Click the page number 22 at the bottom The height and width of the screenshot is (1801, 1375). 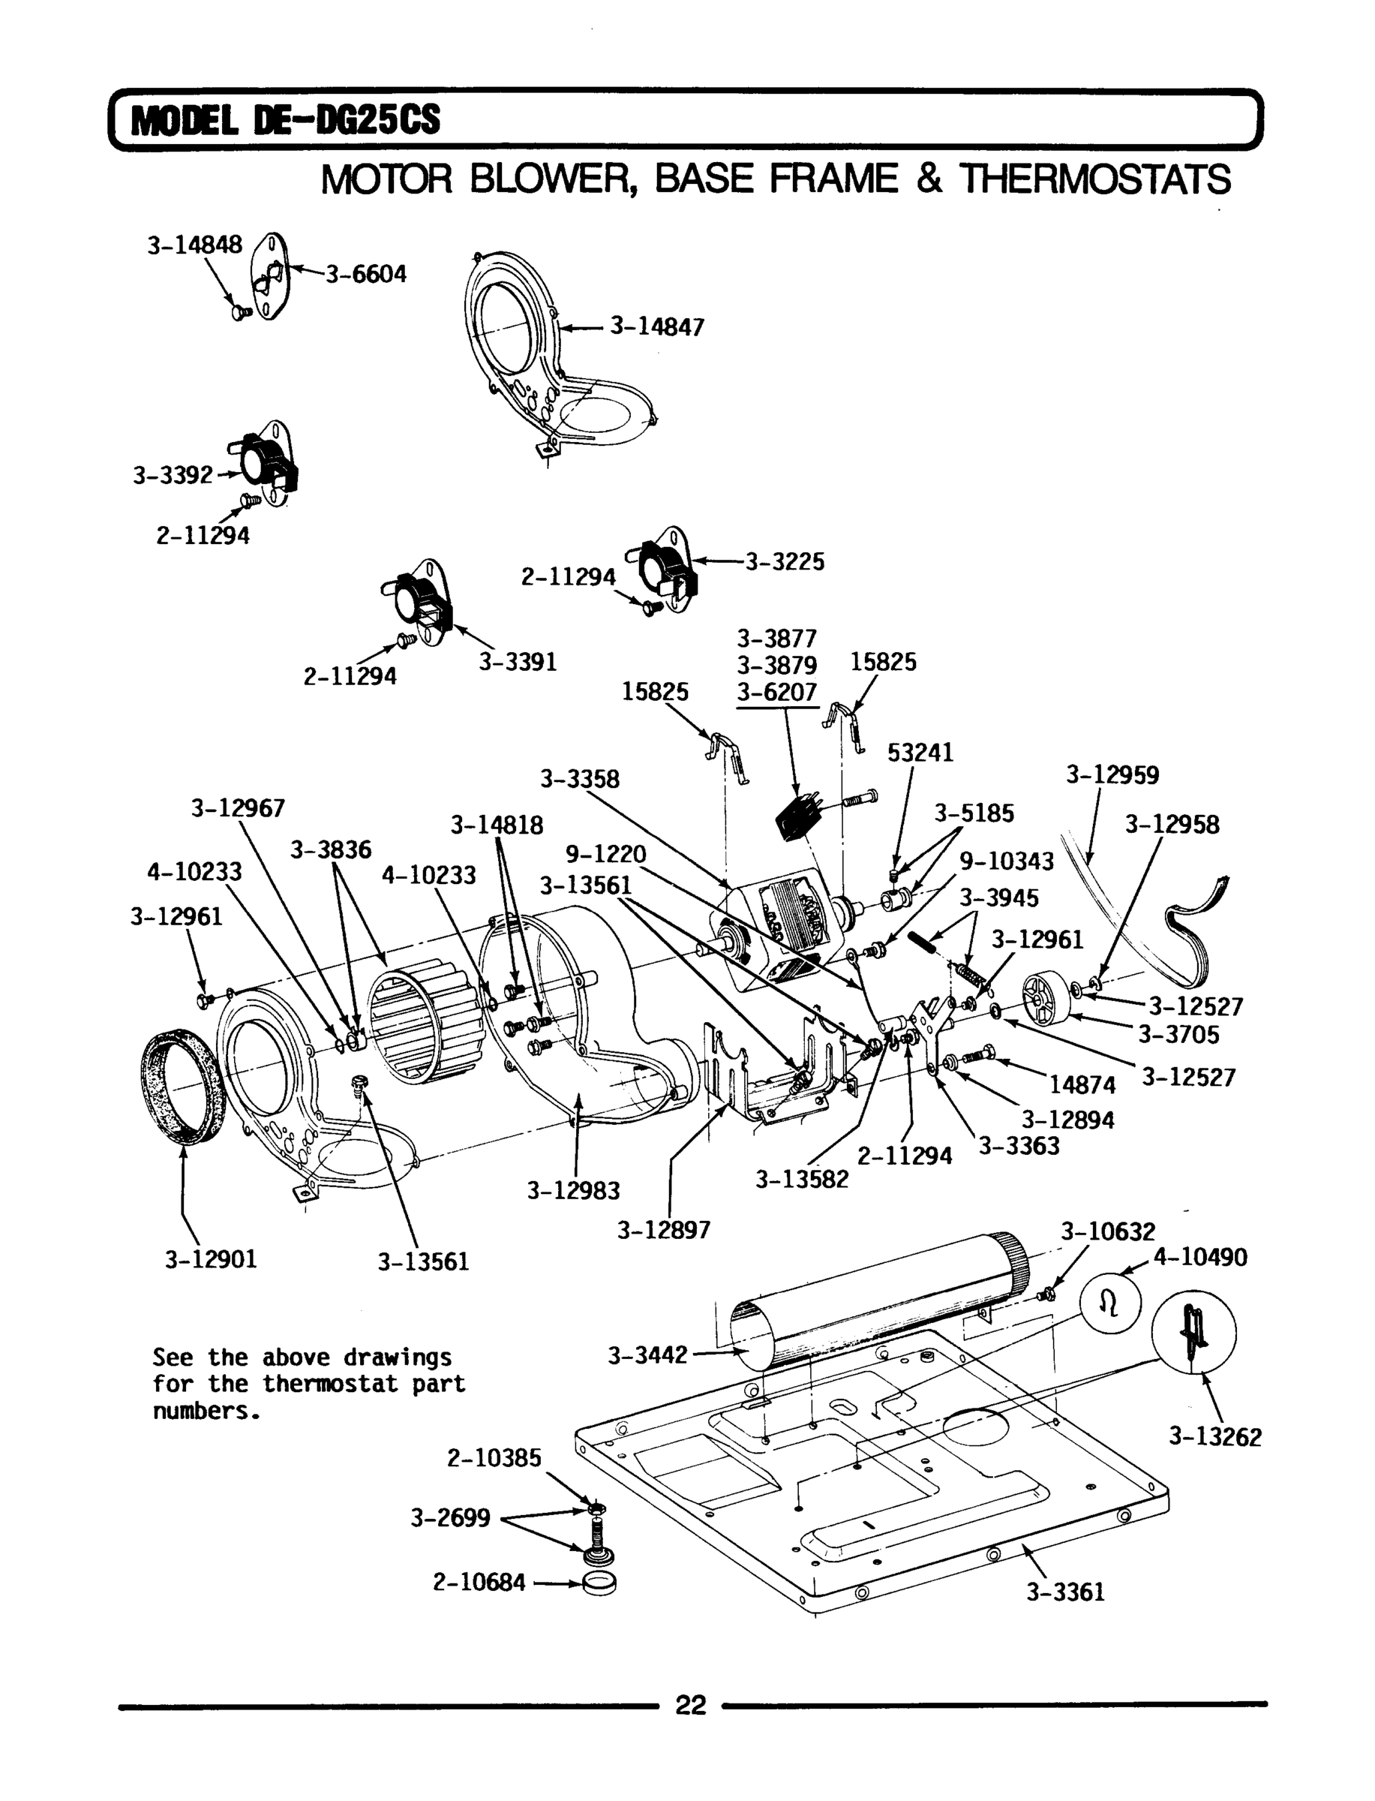coord(690,1704)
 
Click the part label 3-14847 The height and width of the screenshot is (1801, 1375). coord(656,327)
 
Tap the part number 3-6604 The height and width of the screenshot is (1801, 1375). coord(366,274)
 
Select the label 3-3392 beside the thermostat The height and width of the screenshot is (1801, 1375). coord(173,475)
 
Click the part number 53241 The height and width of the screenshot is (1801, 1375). coord(920,753)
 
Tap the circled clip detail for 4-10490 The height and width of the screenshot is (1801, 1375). coord(1109,1305)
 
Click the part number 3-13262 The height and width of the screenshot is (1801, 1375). coord(1214,1437)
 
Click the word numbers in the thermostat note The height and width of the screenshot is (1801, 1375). coord(206,1412)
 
